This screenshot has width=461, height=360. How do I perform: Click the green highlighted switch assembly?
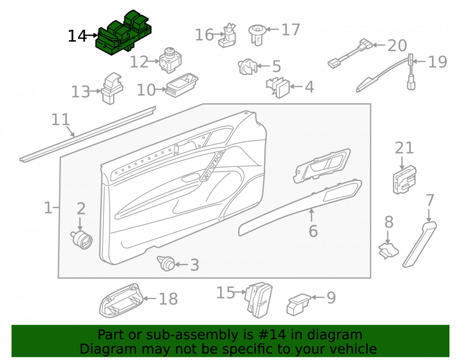(x=124, y=33)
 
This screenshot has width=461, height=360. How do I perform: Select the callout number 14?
(x=77, y=36)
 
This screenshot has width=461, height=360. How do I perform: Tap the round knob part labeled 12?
(x=170, y=60)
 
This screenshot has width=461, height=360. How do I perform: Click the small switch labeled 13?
(x=112, y=88)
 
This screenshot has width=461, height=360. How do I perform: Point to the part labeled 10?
(x=182, y=85)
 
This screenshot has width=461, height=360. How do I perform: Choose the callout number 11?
(x=60, y=119)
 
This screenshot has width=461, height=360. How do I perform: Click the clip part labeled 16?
(x=227, y=35)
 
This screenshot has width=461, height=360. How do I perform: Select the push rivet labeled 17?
(x=257, y=35)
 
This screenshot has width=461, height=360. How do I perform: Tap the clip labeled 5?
(x=248, y=67)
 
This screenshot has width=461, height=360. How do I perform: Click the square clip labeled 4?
(x=278, y=88)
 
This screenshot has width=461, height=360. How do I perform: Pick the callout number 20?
(x=397, y=46)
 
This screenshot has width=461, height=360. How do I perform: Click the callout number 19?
(x=437, y=62)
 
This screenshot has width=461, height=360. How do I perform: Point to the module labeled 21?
(x=405, y=180)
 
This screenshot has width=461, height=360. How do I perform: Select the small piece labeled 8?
(x=388, y=250)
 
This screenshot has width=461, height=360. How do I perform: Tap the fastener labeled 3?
(x=166, y=263)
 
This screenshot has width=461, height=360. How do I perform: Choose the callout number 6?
(x=313, y=231)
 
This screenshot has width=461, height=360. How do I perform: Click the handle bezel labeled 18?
(x=121, y=301)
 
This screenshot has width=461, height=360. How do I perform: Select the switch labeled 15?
(x=259, y=300)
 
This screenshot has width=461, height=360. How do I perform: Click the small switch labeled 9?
(x=298, y=305)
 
